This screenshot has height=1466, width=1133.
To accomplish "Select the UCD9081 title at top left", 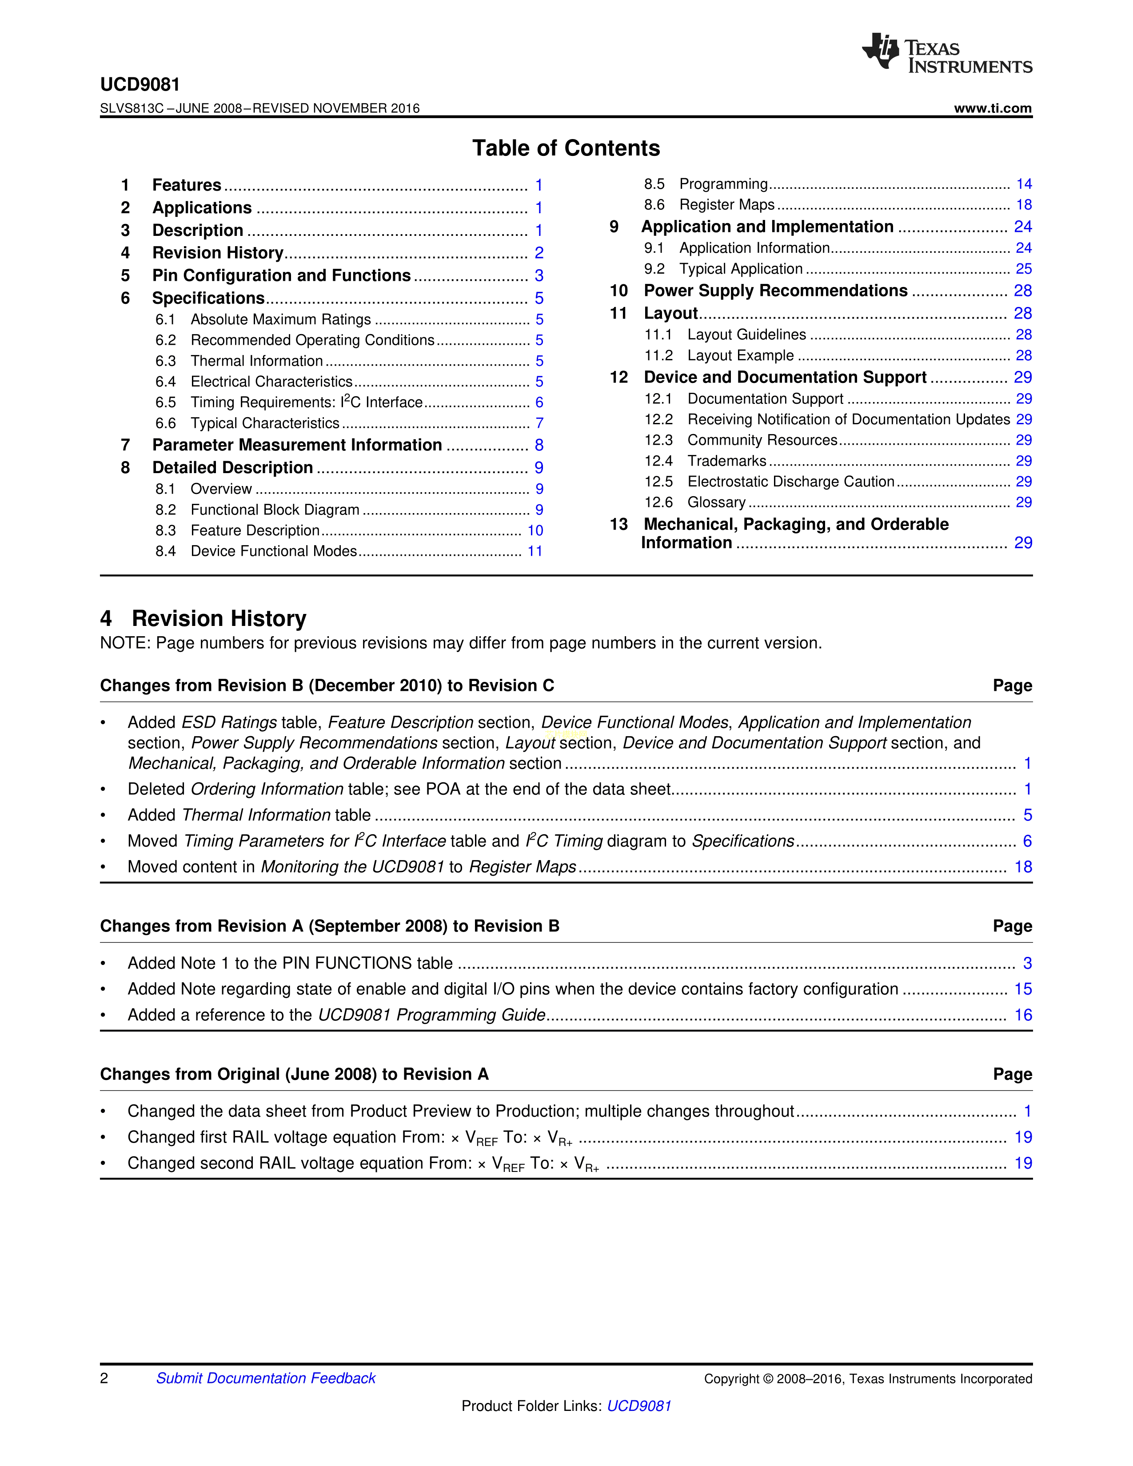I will pos(140,84).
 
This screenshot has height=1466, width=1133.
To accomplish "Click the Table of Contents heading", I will pos(566,148).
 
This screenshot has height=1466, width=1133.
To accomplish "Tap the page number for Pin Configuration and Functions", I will pos(539,276).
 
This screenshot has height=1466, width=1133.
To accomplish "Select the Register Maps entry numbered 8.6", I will pos(726,205).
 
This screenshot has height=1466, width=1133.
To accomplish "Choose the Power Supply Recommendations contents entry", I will pos(775,291).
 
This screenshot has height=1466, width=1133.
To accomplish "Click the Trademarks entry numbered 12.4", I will pos(726,461).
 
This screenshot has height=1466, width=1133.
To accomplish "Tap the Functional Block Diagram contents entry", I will pos(275,510).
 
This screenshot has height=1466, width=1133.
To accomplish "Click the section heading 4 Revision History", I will pos(203,618).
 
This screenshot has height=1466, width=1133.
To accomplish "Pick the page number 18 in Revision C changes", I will pos(1023,867).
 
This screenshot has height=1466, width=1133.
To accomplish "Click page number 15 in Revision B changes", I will pos(1023,989).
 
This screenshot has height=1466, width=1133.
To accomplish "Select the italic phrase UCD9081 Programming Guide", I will pos(431,1015).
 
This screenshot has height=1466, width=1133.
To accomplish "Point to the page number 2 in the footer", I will pos(104,1378).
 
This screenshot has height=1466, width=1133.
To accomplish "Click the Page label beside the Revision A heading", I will pos(1012,1075).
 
